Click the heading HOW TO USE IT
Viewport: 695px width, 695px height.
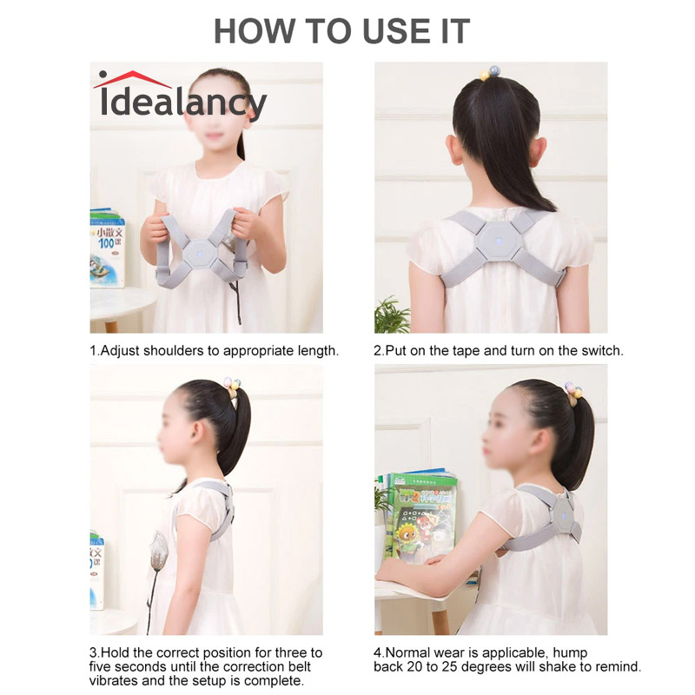[x=341, y=31]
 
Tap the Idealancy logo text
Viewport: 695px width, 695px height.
[x=183, y=103]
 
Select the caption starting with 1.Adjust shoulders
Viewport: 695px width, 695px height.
[x=214, y=351]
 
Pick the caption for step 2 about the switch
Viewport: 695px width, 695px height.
[x=499, y=351]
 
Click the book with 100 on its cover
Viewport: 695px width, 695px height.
[x=108, y=248]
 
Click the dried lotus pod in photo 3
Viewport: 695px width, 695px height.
[x=157, y=547]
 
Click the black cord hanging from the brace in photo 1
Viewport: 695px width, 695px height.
[x=240, y=304]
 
